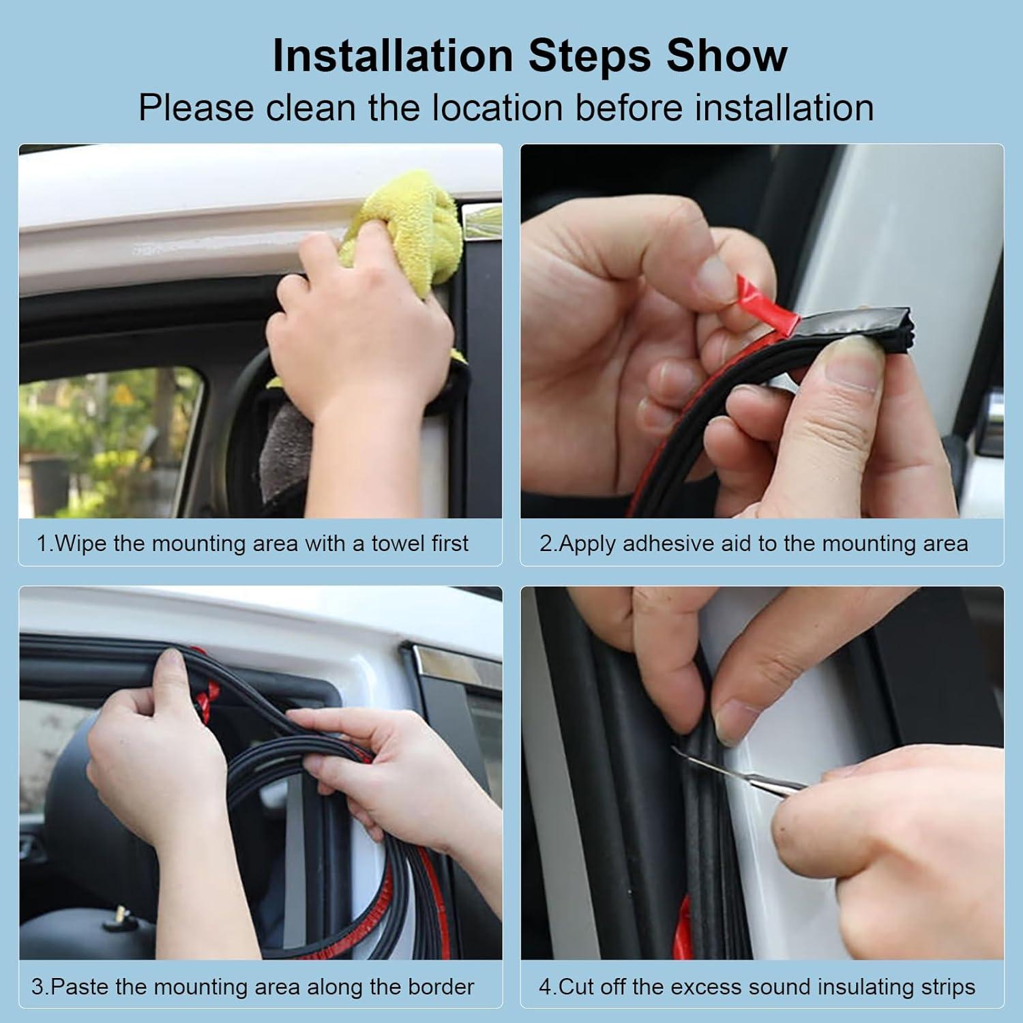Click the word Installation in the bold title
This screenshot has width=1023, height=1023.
click(x=392, y=55)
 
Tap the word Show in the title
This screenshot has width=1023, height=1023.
click(x=727, y=55)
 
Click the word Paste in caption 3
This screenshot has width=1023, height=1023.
click(x=80, y=987)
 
